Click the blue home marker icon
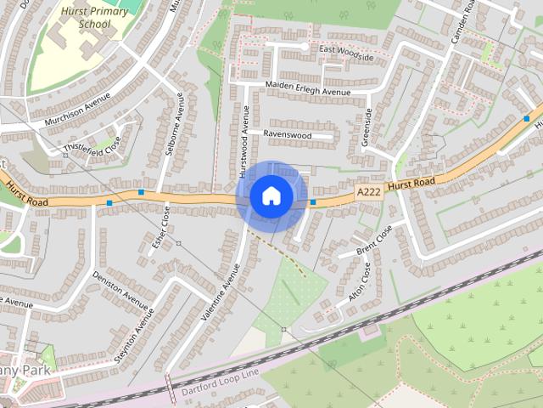pos(271,196)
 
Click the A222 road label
pos(368,192)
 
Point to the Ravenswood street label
pos(287,135)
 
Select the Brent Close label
pos(375,240)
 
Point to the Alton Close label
pos(361,283)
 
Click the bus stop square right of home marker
pos(313,202)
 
